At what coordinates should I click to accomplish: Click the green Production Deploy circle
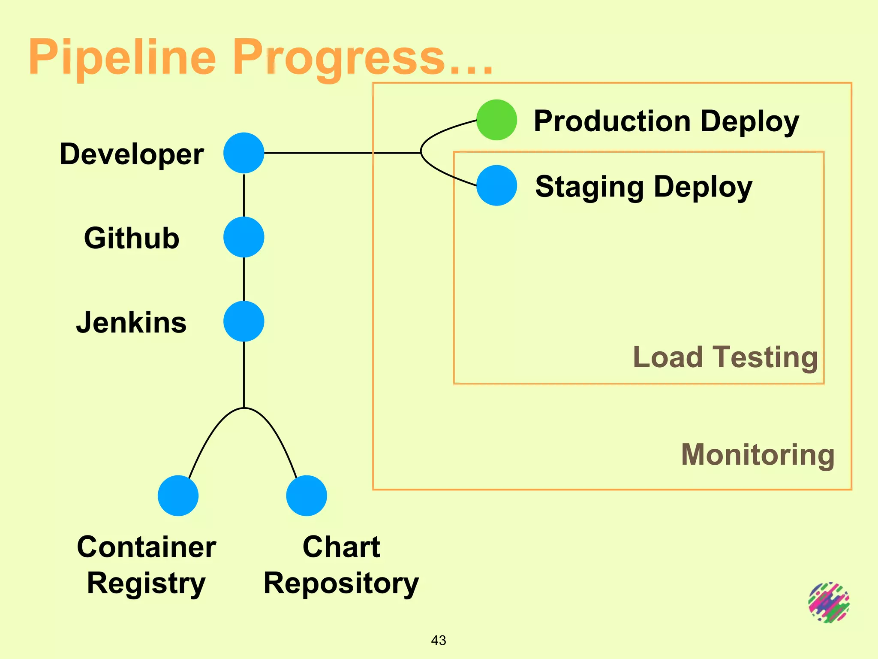pos(496,120)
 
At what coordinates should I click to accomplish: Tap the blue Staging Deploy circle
pos(496,185)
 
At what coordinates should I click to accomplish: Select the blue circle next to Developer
pos(244,153)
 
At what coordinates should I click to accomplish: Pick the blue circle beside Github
pos(244,237)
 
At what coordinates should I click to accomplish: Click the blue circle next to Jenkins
pos(244,321)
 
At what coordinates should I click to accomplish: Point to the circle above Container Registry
pos(178,496)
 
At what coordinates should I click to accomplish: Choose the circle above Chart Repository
pos(307,496)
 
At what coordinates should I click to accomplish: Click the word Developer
pos(132,154)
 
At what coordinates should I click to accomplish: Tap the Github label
pos(132,238)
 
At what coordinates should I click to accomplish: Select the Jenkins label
pos(132,323)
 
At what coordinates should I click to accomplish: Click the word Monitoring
pos(758,455)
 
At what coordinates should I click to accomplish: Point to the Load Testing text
pos(725,357)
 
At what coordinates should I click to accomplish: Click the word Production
pos(612,121)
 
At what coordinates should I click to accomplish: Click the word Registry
pos(146,584)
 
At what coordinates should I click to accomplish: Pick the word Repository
pos(341,584)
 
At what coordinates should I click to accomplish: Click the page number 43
pos(439,640)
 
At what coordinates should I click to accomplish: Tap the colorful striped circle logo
pos(829,602)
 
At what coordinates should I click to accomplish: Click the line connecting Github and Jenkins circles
pos(244,279)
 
